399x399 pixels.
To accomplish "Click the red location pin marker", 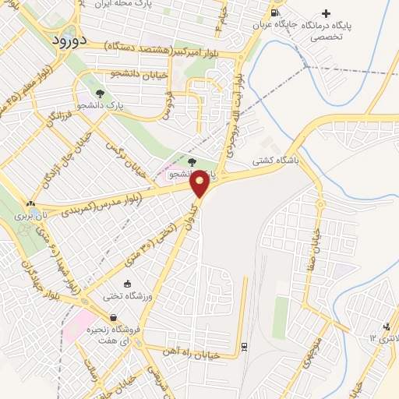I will pyautogui.click(x=200, y=182).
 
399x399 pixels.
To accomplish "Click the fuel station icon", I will pyautogui.click(x=274, y=12).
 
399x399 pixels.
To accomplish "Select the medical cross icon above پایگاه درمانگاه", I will pyautogui.click(x=326, y=13).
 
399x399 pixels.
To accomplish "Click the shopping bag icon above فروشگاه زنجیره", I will pyautogui.click(x=115, y=317).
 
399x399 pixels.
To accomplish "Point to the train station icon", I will pyautogui.click(x=244, y=345).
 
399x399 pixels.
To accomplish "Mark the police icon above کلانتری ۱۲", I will pyautogui.click(x=386, y=326).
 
